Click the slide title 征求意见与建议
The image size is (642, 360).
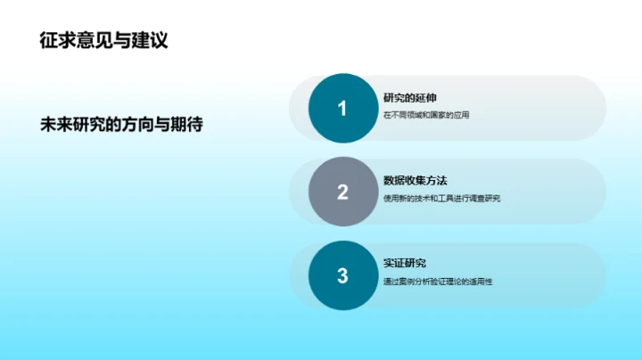click(103, 40)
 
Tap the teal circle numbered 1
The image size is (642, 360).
click(342, 109)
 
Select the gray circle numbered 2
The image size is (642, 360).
click(342, 192)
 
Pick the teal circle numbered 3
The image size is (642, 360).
click(342, 275)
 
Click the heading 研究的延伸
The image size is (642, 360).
click(410, 97)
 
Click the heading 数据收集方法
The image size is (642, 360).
click(416, 181)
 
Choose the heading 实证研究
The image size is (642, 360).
click(405, 264)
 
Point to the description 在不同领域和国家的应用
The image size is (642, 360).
click(425, 115)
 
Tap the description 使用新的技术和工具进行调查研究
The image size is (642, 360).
click(441, 198)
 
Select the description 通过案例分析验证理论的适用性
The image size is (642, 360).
click(438, 282)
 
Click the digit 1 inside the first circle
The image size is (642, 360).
click(342, 109)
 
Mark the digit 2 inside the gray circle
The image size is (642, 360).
click(342, 192)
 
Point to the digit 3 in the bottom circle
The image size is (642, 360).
click(342, 275)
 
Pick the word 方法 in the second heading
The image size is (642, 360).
click(437, 181)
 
